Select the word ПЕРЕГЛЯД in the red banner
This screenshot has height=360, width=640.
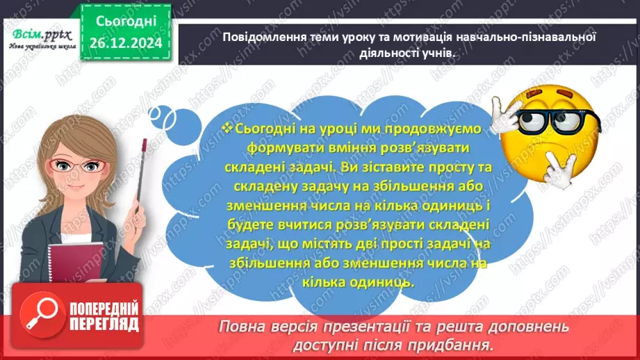pos(104,325)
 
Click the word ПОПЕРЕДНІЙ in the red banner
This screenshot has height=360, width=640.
pos(104,307)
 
